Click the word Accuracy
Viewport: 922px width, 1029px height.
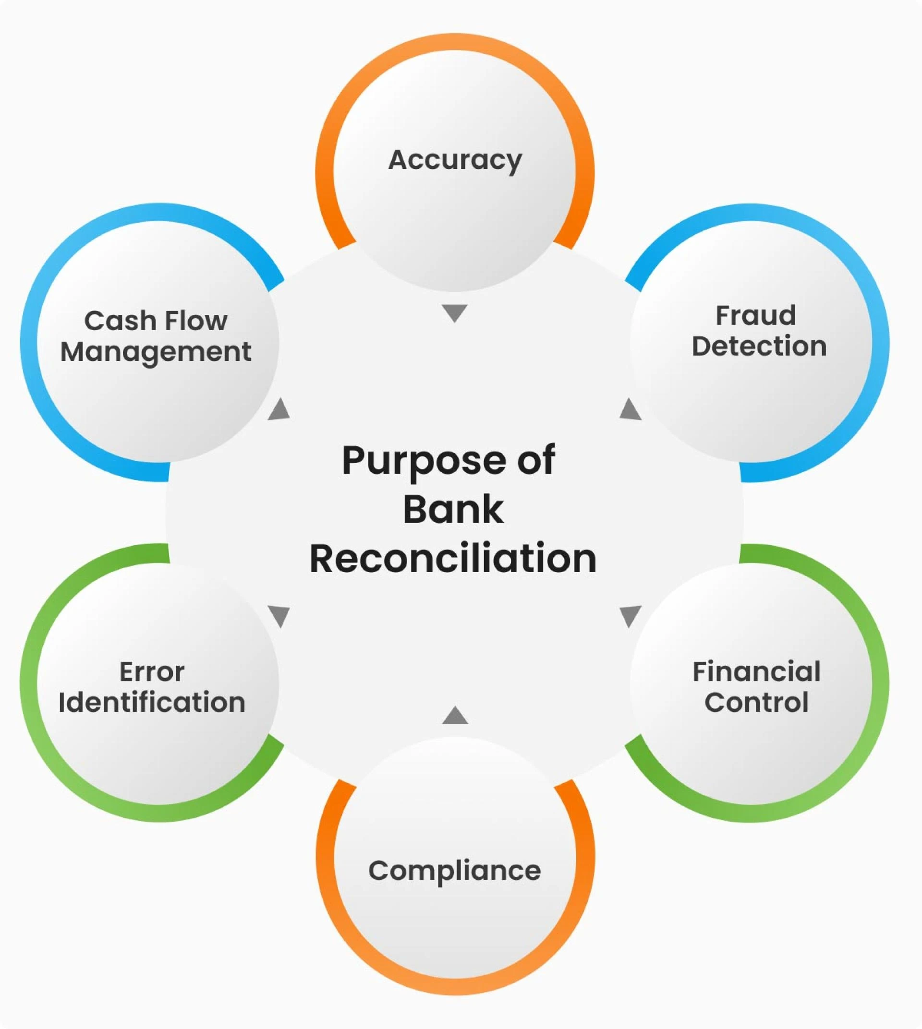point(455,160)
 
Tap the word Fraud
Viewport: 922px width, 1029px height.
point(755,315)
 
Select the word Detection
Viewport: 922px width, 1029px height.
point(759,347)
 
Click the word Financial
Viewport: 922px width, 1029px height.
point(756,672)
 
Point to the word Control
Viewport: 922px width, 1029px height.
point(756,702)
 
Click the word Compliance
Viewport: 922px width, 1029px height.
point(454,871)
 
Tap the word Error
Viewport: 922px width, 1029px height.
point(152,672)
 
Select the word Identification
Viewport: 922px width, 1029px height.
point(152,702)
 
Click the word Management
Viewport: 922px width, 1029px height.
point(156,351)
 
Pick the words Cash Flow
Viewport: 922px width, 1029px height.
point(156,321)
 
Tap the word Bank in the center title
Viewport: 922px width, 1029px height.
point(453,510)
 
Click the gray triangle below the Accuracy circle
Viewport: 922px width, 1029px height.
point(454,312)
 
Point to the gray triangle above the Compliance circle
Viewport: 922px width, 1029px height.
point(455,717)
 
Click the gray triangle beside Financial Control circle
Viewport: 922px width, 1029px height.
point(630,615)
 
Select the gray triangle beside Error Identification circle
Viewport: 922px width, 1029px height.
point(279,615)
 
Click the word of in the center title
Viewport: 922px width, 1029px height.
point(536,461)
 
